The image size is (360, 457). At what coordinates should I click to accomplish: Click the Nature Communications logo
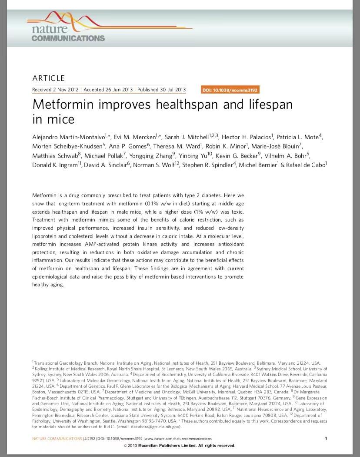pyautogui.click(x=67, y=30)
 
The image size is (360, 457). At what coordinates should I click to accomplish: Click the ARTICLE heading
pyautogui.click(x=48, y=78)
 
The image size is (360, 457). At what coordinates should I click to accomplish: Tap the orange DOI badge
pyautogui.click(x=230, y=90)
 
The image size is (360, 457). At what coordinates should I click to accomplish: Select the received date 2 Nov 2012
pyautogui.click(x=66, y=90)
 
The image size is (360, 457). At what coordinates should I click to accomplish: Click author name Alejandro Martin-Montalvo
pyautogui.click(x=68, y=137)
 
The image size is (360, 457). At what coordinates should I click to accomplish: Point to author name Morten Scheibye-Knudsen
pyautogui.click(x=67, y=146)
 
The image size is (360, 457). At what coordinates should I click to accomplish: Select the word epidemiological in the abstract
pyautogui.click(x=53, y=277)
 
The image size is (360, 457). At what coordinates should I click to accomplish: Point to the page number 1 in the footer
pyautogui.click(x=326, y=439)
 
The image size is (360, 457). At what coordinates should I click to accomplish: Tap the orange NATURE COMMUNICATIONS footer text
pyautogui.click(x=57, y=439)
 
